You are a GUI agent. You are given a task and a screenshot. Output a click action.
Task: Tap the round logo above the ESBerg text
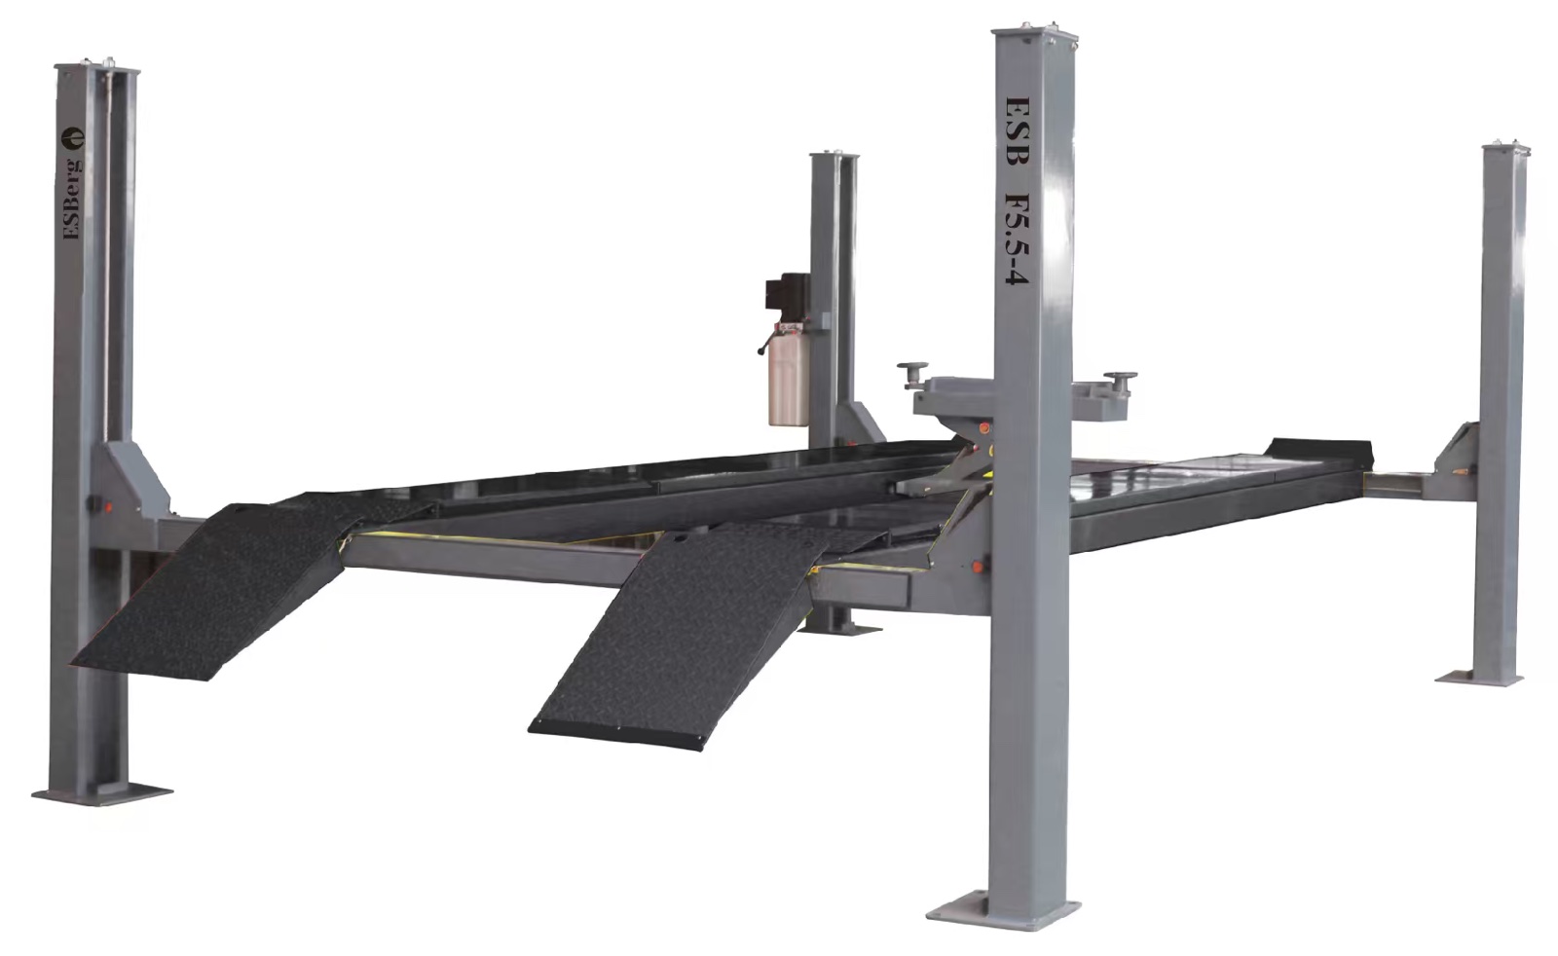click(72, 137)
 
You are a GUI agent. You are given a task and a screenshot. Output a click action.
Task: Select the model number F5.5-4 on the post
click(1017, 237)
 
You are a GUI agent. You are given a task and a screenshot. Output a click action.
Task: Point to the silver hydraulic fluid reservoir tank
click(788, 379)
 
